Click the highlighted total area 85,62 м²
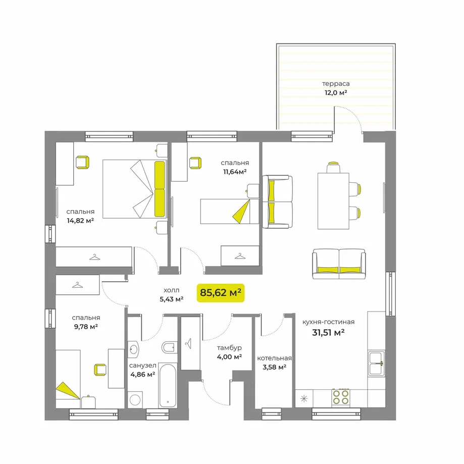pos(221,293)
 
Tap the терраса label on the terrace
pos(336,84)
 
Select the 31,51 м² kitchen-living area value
pos(328,333)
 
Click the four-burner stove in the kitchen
pos(341,397)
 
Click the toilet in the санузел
pos(169,347)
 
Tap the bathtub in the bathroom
pos(168,385)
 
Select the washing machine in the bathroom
pos(135,399)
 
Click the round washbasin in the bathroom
pos(133,349)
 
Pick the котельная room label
pos(274,358)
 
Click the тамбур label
pos(229,348)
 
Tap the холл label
pos(171,290)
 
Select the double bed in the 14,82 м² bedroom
pos(135,189)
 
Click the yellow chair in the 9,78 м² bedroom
pos(100,370)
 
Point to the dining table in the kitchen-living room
pos(333,201)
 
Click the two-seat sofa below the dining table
pos(339,264)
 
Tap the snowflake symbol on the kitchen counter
pos(304,398)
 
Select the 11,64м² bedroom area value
pos(235,172)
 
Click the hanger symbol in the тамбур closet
pos(188,343)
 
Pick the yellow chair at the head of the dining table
pos(333,167)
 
